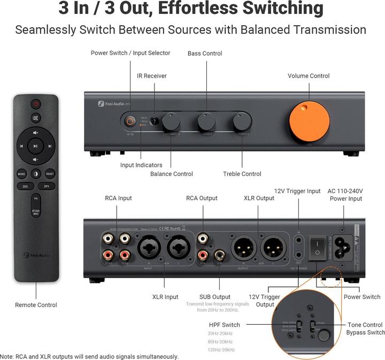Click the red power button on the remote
coord(35,104)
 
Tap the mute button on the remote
coord(35,118)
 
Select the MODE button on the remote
coord(21,174)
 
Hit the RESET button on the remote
coord(50,174)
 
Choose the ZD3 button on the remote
coord(25,186)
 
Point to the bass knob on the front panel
coord(206,121)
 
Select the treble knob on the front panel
coord(241,121)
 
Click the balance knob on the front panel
coord(171,121)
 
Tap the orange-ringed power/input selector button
coord(130,121)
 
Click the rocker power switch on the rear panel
coord(320,247)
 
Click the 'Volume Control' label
coord(309,76)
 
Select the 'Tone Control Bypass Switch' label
coord(365,328)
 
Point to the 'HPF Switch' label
coord(224,325)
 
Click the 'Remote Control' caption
coord(36,305)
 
